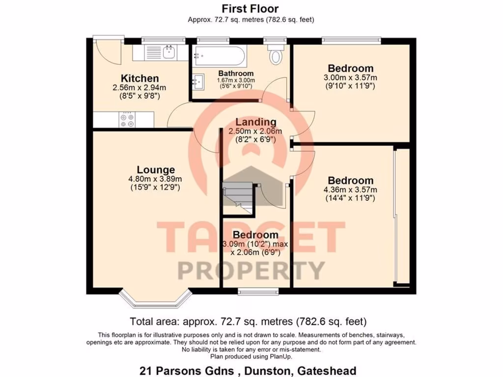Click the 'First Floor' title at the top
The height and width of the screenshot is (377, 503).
click(x=251, y=9)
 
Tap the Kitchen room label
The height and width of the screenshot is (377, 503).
click(x=140, y=79)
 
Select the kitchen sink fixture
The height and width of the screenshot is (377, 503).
click(x=168, y=52)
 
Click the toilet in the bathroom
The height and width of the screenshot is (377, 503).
click(x=276, y=55)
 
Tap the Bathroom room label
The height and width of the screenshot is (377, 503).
click(x=236, y=74)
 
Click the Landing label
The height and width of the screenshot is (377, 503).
click(x=255, y=122)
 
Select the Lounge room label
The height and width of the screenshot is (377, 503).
click(x=156, y=170)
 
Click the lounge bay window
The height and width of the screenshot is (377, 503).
click(x=155, y=297)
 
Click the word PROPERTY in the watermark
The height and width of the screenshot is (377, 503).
click(x=251, y=270)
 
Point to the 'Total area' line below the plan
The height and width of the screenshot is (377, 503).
click(x=248, y=322)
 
